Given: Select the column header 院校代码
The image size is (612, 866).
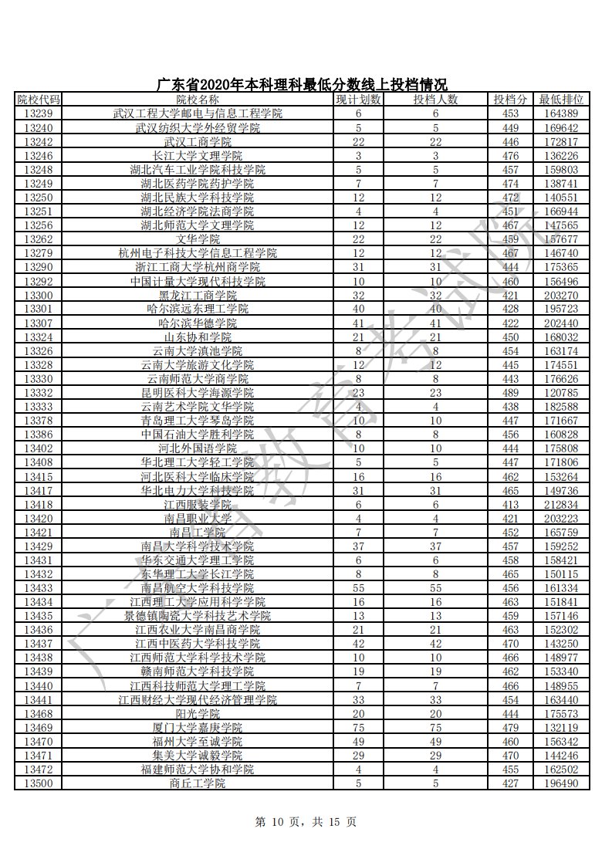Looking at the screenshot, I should (38, 100).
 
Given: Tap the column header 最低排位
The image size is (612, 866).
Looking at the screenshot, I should (561, 100).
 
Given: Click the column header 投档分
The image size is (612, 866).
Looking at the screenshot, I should (510, 100).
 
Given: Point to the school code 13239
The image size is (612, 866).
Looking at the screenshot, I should (38, 113).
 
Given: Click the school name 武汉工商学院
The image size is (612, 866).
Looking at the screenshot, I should (198, 142).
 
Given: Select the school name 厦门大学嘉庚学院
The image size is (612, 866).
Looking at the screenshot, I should (198, 727).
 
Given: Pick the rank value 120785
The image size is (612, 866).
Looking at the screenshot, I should (561, 392).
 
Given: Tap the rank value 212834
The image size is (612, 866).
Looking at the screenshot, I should (561, 504).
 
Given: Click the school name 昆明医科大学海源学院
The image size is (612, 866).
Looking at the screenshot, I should (198, 392).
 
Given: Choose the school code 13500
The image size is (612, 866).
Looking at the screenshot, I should (38, 783).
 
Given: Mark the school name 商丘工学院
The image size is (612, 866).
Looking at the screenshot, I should (198, 783).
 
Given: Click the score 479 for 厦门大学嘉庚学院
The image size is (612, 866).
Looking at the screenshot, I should (510, 727).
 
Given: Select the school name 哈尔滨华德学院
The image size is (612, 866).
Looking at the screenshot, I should (198, 323).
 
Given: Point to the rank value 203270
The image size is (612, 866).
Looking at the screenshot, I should (561, 295).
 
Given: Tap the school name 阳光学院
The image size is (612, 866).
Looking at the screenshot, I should (198, 713).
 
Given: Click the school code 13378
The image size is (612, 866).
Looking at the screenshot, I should (38, 421).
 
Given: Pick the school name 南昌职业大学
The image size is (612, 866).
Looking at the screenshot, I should (198, 518).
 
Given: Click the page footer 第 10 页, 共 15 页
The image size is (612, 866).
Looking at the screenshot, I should (306, 822).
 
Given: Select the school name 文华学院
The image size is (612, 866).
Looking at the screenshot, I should (198, 239).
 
